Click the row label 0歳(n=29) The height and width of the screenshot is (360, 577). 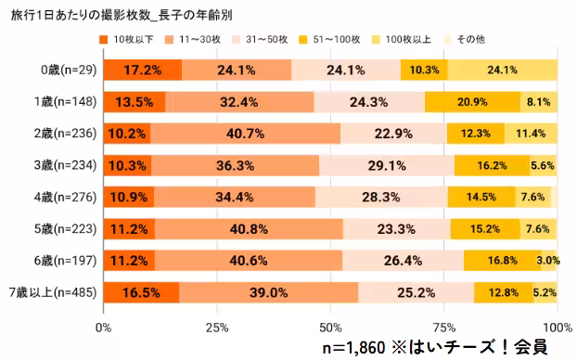(x=66, y=71)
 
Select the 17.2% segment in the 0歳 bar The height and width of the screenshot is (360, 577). (x=130, y=71)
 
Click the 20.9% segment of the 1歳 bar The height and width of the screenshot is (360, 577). (x=471, y=102)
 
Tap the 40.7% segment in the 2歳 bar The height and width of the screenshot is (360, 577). (x=245, y=134)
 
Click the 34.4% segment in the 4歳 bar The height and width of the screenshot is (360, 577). (x=234, y=198)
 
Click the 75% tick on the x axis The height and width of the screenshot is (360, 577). (x=443, y=327)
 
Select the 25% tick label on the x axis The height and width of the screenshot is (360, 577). (x=216, y=327)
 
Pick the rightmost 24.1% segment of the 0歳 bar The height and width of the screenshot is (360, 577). (x=502, y=71)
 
